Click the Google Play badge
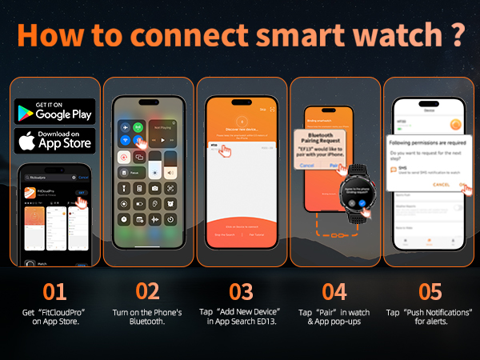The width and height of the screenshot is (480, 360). point(54,111)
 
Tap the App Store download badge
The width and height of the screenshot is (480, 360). point(54,141)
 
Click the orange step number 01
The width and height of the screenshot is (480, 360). point(54,290)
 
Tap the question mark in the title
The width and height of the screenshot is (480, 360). point(456,38)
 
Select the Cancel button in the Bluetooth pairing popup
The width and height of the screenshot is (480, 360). point(307,165)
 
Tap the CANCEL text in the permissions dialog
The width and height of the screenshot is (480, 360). point(441,184)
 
